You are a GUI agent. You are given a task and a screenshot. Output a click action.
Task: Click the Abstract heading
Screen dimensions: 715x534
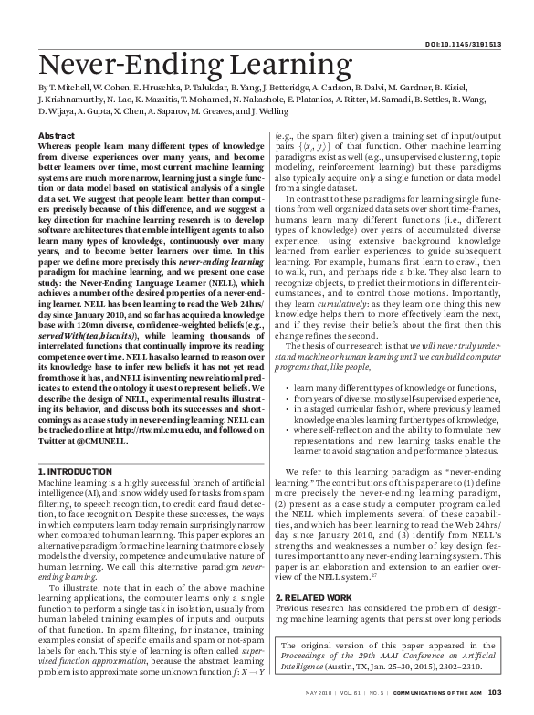[57, 134]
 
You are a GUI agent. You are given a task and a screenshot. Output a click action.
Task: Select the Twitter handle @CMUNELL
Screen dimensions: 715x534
[100, 436]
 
